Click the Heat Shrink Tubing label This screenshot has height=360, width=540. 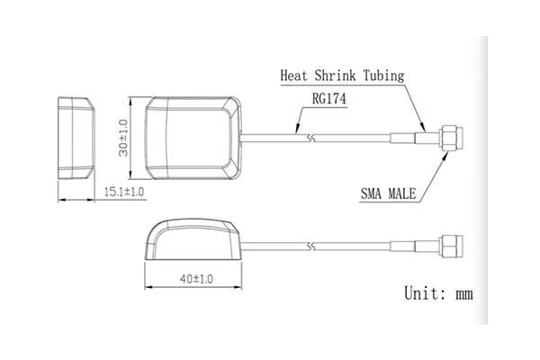[342, 76]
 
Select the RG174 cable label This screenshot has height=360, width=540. [328, 99]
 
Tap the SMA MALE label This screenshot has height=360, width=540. [388, 193]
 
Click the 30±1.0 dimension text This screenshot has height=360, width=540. [123, 138]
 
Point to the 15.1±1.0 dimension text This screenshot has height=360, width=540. [124, 192]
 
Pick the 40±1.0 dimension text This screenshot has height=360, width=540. [196, 279]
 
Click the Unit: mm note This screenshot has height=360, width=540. [438, 293]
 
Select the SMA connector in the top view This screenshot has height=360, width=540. [451, 138]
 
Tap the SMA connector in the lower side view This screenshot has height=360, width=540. [451, 246]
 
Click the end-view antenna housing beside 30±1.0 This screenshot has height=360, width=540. [76, 138]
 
